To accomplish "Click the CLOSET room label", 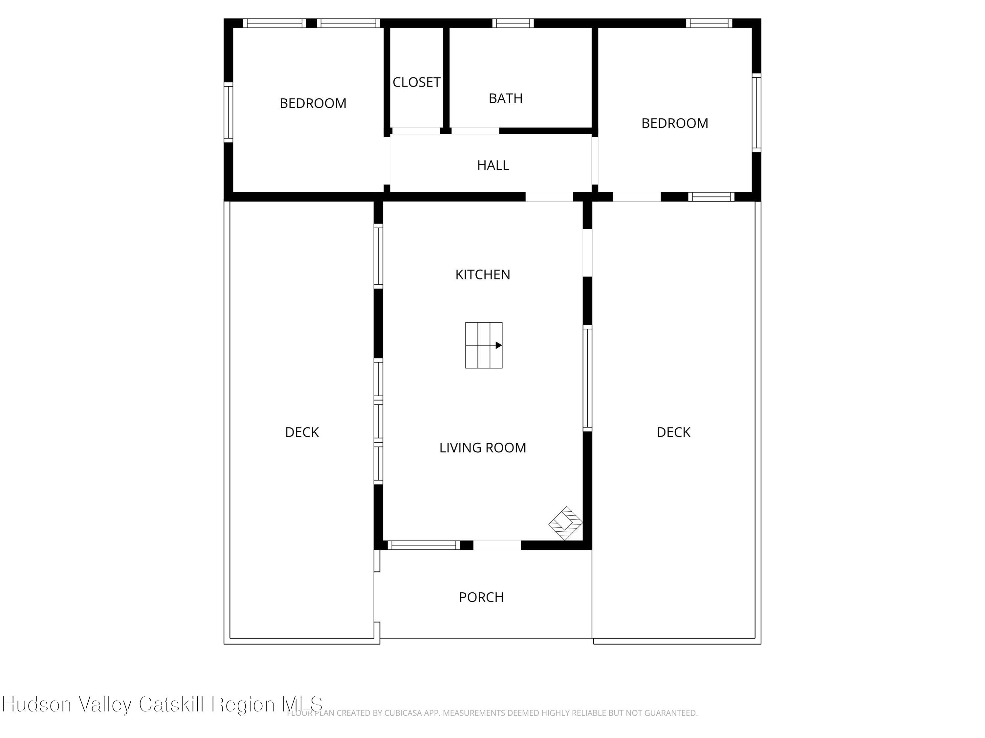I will click(x=416, y=82).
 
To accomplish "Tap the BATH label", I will click(x=505, y=98).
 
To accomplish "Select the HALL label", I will click(x=492, y=166).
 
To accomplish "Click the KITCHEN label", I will click(x=482, y=275).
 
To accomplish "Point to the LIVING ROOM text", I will click(x=482, y=447).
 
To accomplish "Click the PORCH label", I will click(x=481, y=597).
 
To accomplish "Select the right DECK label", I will click(x=673, y=432).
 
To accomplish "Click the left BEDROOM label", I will click(x=313, y=103).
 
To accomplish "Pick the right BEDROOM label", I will click(x=674, y=123).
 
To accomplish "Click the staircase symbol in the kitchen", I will click(x=484, y=345).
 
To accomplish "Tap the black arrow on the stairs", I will click(x=498, y=345).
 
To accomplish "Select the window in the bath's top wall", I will click(x=513, y=23).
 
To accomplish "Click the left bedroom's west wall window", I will click(x=228, y=112).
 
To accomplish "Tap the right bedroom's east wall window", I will click(x=756, y=113).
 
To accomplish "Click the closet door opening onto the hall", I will click(x=415, y=131).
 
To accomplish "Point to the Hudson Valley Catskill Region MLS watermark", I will click(x=163, y=704).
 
